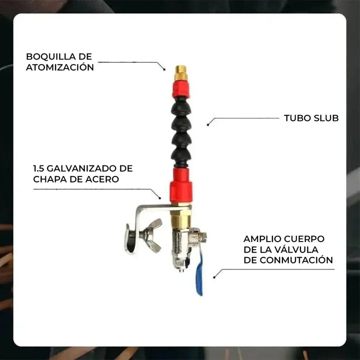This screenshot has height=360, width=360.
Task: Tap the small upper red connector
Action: (180, 89)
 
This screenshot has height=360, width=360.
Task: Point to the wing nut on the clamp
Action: (150, 234)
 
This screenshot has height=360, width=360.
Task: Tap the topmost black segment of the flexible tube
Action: (180, 106)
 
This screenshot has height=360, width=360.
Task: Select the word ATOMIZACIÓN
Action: (60, 67)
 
